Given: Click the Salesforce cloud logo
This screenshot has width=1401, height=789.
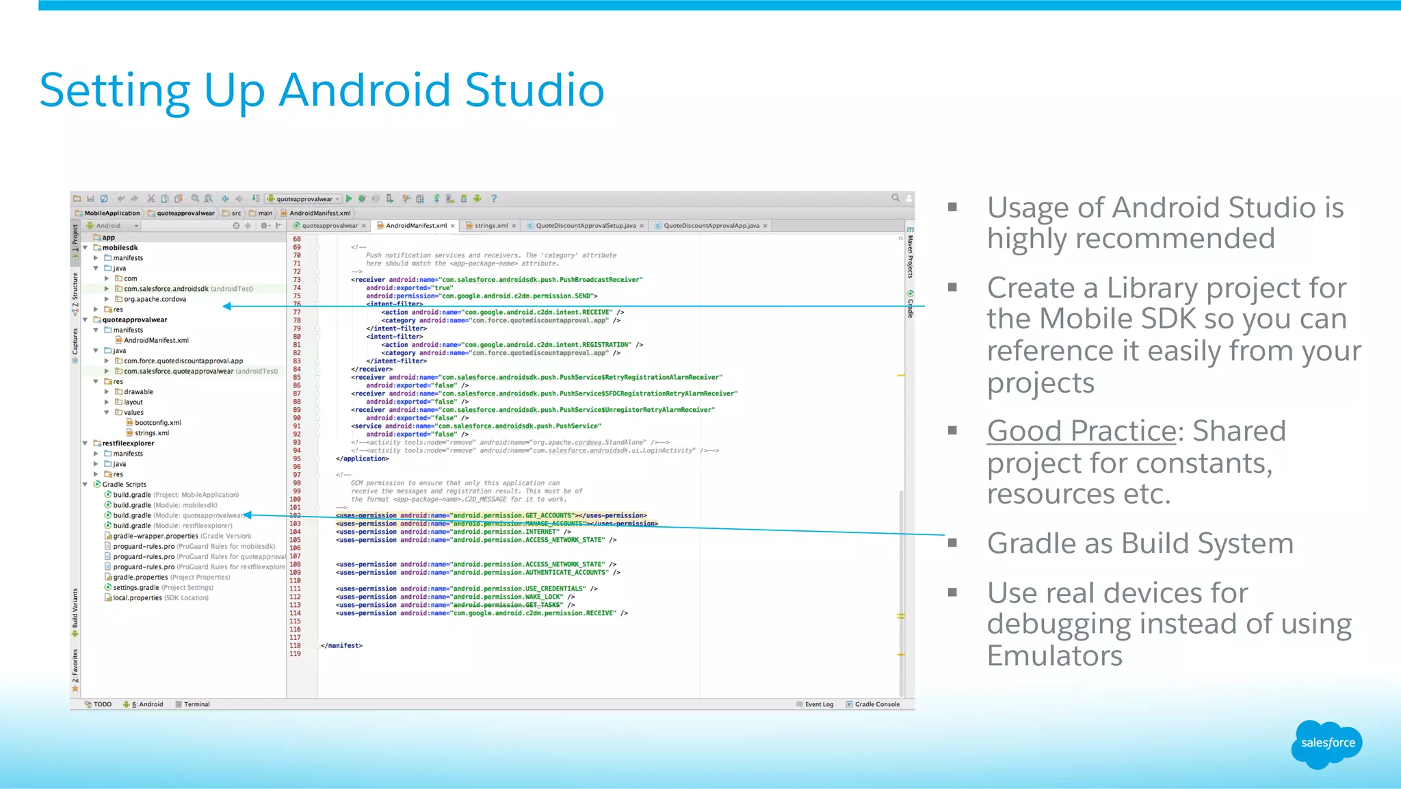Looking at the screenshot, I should coord(1327,743).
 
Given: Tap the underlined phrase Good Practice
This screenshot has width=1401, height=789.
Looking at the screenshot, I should coord(1081,431).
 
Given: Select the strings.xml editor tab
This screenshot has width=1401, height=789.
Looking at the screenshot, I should coord(490,226).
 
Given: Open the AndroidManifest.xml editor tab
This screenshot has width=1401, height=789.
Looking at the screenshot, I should coord(415,226).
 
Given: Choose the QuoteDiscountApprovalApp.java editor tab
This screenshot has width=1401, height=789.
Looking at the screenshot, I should coord(711,226).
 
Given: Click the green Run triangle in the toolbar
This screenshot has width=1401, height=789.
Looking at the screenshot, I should coord(349,198).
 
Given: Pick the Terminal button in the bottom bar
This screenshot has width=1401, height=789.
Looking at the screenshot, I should coord(196,704).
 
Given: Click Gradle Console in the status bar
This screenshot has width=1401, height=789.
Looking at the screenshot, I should coord(876,704).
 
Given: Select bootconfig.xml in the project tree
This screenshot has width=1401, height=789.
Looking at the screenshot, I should coord(157,423).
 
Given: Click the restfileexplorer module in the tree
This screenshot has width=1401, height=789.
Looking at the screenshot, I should coord(128,443).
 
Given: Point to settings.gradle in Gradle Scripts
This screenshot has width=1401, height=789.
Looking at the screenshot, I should coord(136,587).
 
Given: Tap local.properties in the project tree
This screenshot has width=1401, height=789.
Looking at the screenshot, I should coord(138,598).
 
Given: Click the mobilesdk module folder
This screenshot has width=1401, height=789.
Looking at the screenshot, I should coord(120,248).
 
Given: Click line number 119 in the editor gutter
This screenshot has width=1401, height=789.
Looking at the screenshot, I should coord(295,654).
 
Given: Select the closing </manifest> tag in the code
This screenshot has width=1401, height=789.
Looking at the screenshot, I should coord(341,646).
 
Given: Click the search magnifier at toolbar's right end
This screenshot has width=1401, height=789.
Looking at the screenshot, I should coord(895,198).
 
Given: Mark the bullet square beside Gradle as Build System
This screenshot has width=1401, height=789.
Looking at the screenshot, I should coord(952,543).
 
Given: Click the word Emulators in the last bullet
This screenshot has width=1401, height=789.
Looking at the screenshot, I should coord(1054,656).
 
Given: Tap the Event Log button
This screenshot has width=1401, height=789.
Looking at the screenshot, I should coord(818,704).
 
